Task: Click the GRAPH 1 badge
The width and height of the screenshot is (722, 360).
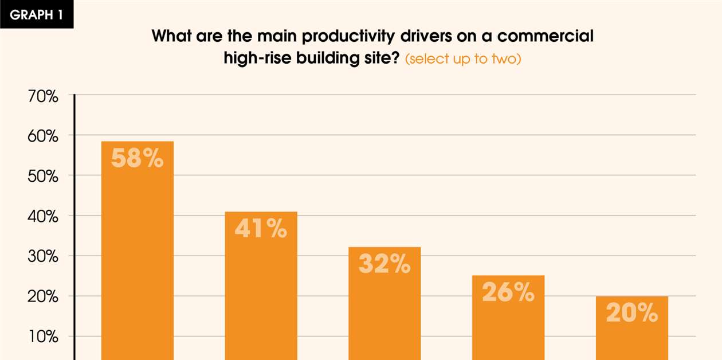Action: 36,15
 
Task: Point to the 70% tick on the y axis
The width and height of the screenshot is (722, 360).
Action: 44,96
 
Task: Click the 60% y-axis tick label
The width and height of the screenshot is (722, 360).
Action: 44,136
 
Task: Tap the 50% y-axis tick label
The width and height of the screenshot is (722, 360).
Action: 44,177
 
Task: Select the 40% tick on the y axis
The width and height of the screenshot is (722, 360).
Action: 44,217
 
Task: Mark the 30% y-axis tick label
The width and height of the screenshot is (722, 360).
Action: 44,257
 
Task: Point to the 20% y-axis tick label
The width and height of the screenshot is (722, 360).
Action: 44,297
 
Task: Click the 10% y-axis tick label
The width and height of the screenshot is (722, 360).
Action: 44,337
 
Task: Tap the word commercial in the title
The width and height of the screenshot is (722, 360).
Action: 545,37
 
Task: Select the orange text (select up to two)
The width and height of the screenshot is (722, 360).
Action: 463,60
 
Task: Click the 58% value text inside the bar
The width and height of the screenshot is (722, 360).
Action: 138,159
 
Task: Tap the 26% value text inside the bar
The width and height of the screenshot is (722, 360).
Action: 508,293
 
